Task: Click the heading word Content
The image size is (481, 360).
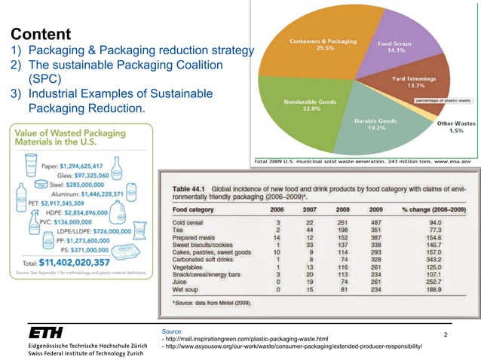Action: [x=41, y=35]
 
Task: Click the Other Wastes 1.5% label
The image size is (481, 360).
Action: [x=455, y=127]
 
